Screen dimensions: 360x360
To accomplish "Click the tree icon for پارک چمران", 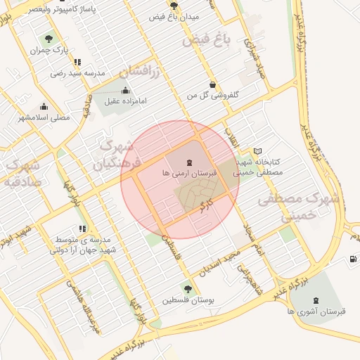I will pyautogui.click(x=49, y=39).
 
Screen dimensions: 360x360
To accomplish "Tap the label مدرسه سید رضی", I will pyautogui.click(x=77, y=72).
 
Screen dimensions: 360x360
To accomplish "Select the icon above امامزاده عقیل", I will pyautogui.click(x=125, y=90).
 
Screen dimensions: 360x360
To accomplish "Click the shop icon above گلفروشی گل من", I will pyautogui.click(x=213, y=84).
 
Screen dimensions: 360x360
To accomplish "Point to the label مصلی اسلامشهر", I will pyautogui.click(x=44, y=117).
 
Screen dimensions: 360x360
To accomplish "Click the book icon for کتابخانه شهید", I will pyautogui.click(x=257, y=151).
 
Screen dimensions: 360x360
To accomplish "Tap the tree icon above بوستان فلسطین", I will pyautogui.click(x=187, y=288).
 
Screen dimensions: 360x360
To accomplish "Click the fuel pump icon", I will pyautogui.click(x=352, y=259).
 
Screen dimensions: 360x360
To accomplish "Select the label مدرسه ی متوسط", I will pyautogui.click(x=88, y=239).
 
